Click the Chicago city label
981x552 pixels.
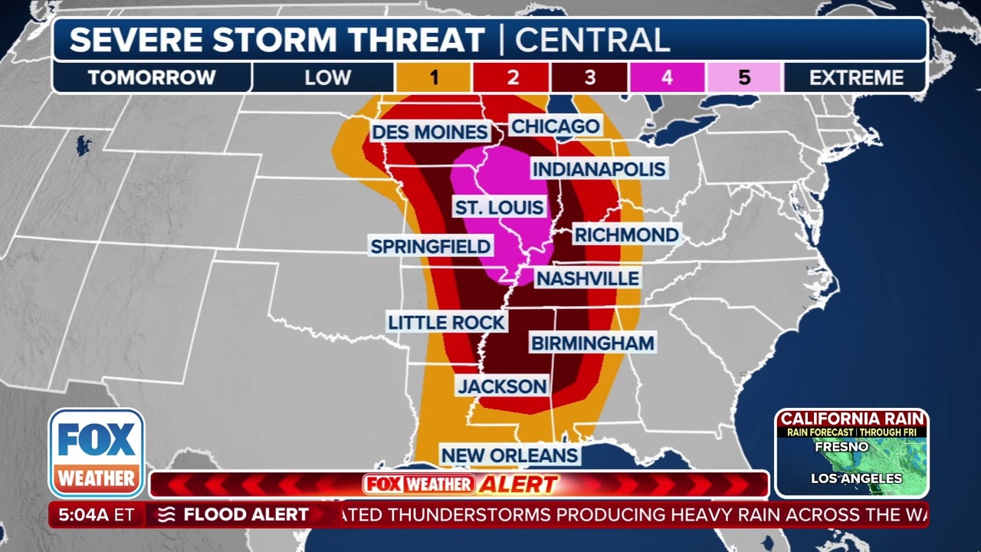(555, 127)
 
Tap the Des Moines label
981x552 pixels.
(429, 132)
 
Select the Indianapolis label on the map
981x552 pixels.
(599, 169)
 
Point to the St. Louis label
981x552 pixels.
(499, 207)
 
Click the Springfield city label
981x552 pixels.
(430, 246)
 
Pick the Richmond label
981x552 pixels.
(626, 235)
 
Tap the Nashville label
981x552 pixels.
(587, 278)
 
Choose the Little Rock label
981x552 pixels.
(446, 322)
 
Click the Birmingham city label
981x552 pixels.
(592, 343)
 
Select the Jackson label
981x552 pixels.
(502, 386)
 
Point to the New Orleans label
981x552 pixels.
(509, 455)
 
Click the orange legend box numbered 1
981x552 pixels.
(434, 77)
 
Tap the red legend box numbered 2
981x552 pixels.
(512, 77)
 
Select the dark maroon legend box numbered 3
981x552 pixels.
(589, 77)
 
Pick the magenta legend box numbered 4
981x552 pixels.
(667, 77)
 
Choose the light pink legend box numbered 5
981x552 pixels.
(744, 77)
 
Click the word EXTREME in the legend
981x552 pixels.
(856, 77)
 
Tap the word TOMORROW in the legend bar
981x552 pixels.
(152, 77)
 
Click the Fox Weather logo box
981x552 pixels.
(97, 453)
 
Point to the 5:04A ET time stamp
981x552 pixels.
(96, 514)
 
